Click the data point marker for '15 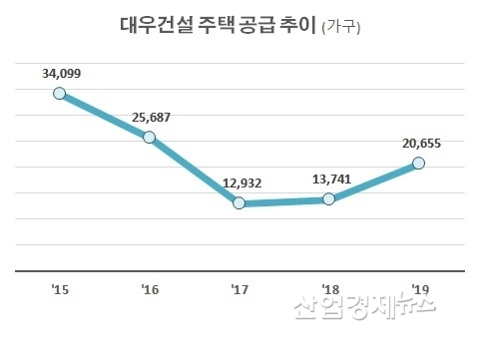click(x=59, y=94)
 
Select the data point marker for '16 click(x=149, y=137)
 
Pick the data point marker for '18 click(x=328, y=199)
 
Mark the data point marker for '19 click(x=418, y=163)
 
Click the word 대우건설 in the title click(x=154, y=27)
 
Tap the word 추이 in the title click(x=297, y=27)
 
